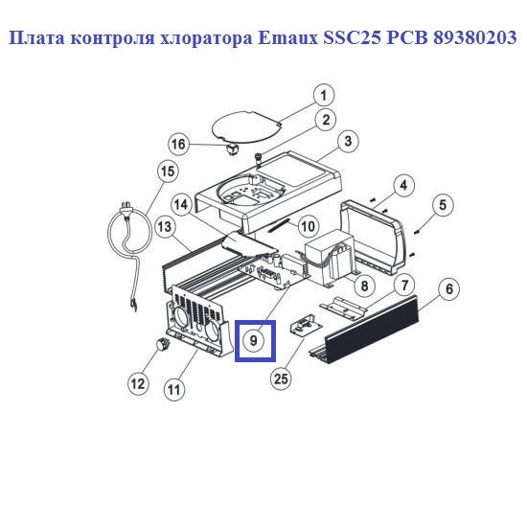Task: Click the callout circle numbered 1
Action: point(324,95)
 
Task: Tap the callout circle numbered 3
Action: point(348,141)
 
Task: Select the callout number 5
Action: point(443,204)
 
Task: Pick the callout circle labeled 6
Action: point(449,288)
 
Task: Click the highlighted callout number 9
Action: point(254,340)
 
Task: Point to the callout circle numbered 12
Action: point(138,384)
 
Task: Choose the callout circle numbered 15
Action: point(168,172)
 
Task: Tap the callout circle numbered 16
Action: point(178,145)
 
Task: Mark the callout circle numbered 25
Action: point(282,379)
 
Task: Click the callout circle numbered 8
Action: point(364,286)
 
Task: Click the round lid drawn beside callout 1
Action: point(246,126)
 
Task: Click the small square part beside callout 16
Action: point(232,149)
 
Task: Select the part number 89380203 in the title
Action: point(474,37)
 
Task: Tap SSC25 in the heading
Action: point(352,37)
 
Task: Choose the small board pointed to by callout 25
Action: point(306,325)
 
